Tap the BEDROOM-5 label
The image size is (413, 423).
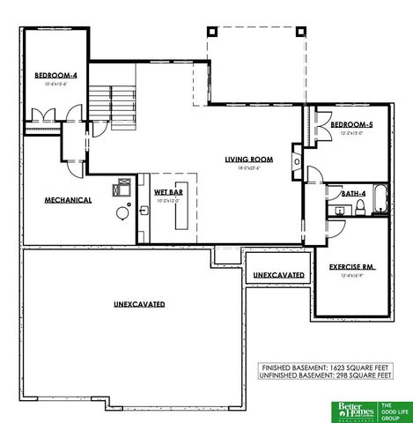coord(351,125)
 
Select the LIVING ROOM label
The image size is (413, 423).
coord(248,160)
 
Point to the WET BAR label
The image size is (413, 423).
coord(168,191)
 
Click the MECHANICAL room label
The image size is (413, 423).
coord(68,200)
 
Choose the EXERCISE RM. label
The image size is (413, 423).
coord(352,266)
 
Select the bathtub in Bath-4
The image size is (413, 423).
coord(380,199)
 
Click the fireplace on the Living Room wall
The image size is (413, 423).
coord(299,163)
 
